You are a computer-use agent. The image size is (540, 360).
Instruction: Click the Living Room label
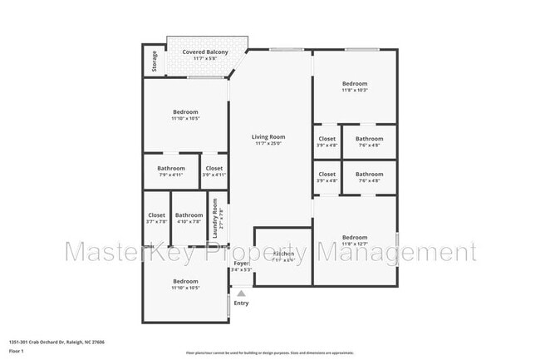270,137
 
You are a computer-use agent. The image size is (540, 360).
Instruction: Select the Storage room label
155,62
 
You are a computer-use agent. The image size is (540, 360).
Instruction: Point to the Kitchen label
283,254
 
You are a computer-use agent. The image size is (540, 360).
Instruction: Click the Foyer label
241,264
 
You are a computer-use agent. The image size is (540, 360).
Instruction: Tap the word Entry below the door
241,303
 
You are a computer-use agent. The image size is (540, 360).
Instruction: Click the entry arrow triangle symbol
241,293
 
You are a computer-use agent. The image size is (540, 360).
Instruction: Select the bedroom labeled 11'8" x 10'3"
355,84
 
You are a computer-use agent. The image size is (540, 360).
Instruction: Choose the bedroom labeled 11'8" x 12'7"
355,237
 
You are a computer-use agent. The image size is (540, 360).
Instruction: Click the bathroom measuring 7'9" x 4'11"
171,169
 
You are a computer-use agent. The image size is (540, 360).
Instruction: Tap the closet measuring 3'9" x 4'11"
214,169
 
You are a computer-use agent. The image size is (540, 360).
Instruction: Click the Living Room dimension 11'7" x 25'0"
270,143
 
